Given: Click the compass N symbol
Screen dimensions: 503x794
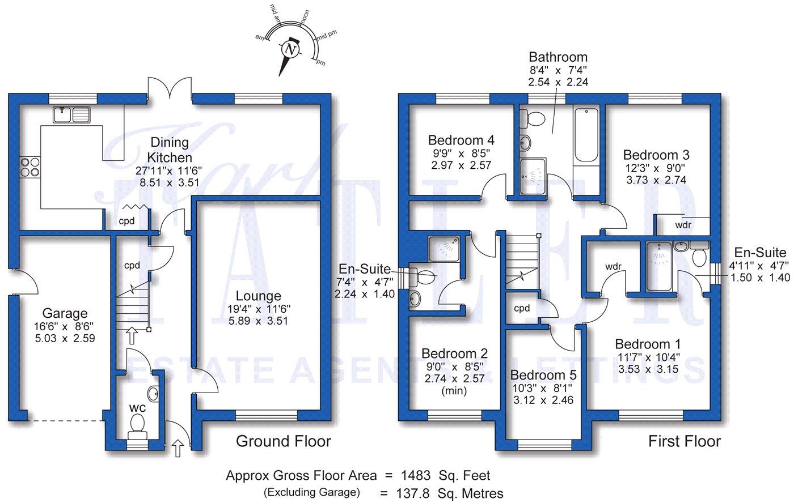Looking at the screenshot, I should coord(291,50).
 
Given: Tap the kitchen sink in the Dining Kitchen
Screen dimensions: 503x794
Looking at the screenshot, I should coord(71,115).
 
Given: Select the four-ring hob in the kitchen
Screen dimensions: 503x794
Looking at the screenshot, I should coord(30,167).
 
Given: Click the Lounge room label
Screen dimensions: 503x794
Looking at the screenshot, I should coord(259,296).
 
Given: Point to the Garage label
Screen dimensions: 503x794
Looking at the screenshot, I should coord(65,313).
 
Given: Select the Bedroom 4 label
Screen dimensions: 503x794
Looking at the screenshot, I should coord(461,140).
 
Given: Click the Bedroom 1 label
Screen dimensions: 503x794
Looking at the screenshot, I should coord(648,344).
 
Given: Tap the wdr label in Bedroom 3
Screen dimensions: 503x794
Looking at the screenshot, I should coord(683,225).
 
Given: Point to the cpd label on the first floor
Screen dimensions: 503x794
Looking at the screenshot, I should coord(521,309).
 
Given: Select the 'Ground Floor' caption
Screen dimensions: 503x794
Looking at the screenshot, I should coord(283,441).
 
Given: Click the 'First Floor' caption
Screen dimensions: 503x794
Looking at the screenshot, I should coord(685,441).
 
